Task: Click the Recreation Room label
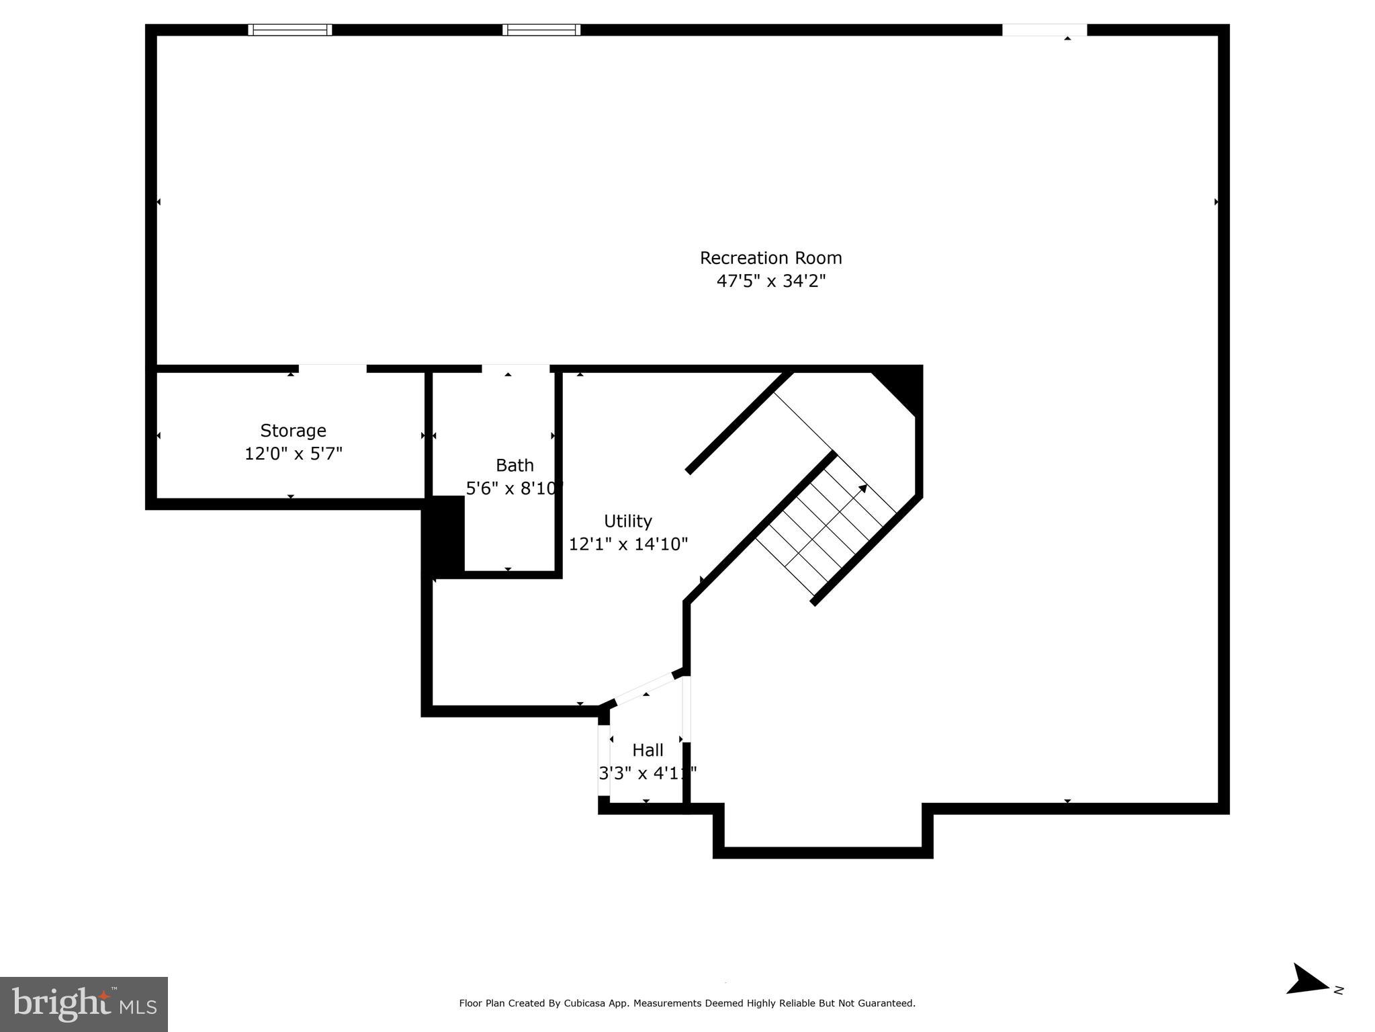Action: (770, 258)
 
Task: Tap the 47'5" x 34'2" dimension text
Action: (770, 281)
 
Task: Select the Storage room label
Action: (293, 431)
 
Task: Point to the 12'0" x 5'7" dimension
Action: (293, 454)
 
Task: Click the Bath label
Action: (515, 465)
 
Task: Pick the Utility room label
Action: (627, 521)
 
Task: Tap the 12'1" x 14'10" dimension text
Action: (627, 544)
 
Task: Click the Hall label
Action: (648, 750)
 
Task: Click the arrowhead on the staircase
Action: (862, 488)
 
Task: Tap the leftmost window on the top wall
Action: (290, 30)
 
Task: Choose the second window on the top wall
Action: (541, 30)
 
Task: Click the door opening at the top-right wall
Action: (1044, 30)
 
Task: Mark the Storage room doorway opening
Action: (332, 368)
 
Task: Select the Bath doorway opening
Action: (515, 368)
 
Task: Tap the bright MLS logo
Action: (83, 1004)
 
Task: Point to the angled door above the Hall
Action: (646, 688)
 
